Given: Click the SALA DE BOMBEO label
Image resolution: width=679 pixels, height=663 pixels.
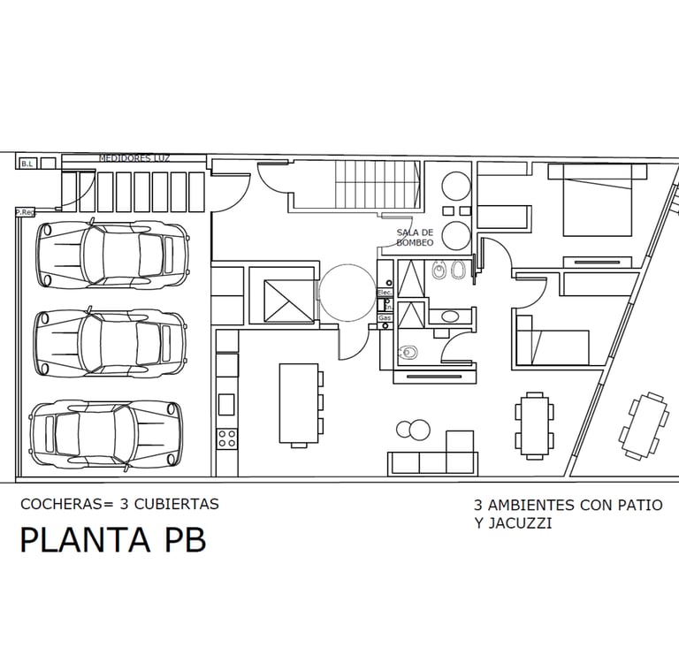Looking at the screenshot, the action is [415, 237].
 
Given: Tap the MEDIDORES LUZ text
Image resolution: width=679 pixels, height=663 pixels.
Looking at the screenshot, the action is [134, 157].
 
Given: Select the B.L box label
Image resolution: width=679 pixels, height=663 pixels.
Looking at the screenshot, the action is [27, 163].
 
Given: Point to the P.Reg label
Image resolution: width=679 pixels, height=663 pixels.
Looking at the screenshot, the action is [25, 212].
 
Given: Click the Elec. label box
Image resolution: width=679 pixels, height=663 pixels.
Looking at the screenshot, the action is [385, 292].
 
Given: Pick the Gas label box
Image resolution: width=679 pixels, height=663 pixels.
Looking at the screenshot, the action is [385, 316].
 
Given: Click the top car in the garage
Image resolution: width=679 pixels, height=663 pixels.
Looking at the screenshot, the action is [112, 254].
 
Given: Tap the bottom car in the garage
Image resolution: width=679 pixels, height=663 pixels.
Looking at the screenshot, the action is [107, 433].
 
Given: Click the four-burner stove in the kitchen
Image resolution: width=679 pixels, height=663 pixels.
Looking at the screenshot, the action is [227, 438].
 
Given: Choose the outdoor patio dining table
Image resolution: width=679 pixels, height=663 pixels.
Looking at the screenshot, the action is [644, 425].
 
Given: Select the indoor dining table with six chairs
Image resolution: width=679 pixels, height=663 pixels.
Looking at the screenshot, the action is [535, 426].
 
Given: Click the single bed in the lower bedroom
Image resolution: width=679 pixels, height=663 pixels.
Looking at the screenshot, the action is [553, 346].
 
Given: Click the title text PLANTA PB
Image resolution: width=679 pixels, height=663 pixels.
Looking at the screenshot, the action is [112, 539].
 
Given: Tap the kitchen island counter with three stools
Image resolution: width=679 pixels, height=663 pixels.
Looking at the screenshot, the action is [299, 402].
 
